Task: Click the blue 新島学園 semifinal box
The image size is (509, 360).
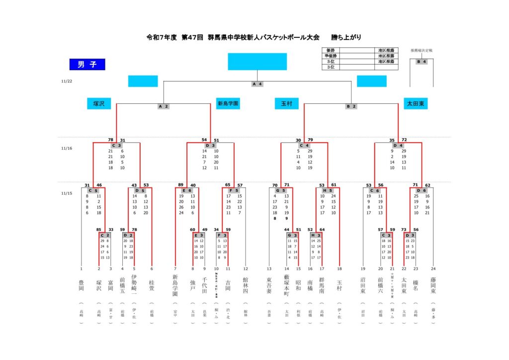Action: tap(228, 104)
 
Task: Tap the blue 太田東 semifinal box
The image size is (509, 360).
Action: tap(416, 104)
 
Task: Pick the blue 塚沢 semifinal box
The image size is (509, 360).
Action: tap(99, 104)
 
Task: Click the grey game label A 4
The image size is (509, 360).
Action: tap(257, 84)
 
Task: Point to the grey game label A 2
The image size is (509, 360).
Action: tap(164, 106)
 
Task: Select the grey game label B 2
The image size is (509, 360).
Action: tap(351, 106)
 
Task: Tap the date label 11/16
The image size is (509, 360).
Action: tap(66, 148)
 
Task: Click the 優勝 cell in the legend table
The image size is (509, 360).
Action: tap(331, 51)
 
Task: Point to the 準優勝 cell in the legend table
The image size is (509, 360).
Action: tap(331, 56)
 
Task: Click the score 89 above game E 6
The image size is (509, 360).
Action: tap(181, 185)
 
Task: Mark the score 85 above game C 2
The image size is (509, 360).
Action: tap(99, 230)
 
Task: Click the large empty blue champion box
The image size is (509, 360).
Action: tap(257, 62)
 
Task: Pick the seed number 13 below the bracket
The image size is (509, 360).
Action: tap(269, 269)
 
